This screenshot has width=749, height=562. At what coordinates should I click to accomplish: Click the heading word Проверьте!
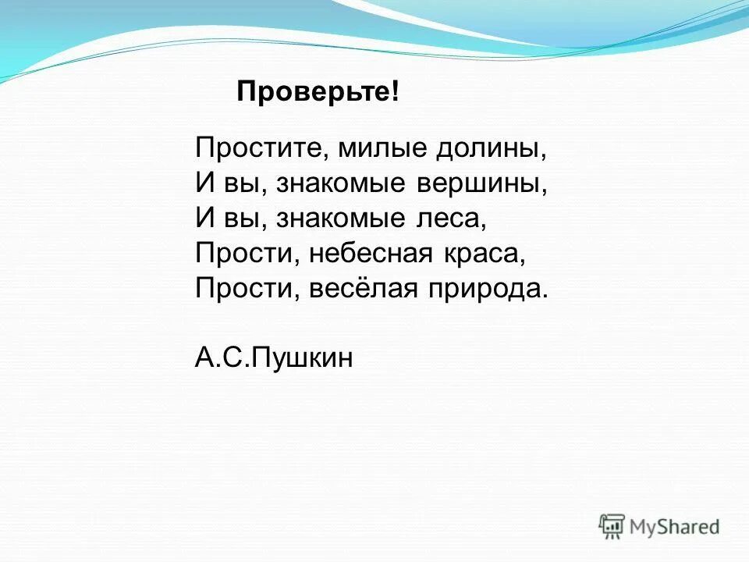318,93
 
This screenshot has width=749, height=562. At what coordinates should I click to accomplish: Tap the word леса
450,219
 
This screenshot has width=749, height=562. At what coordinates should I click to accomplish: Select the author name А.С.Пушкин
273,358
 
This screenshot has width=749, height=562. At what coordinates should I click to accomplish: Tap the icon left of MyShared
612,525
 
